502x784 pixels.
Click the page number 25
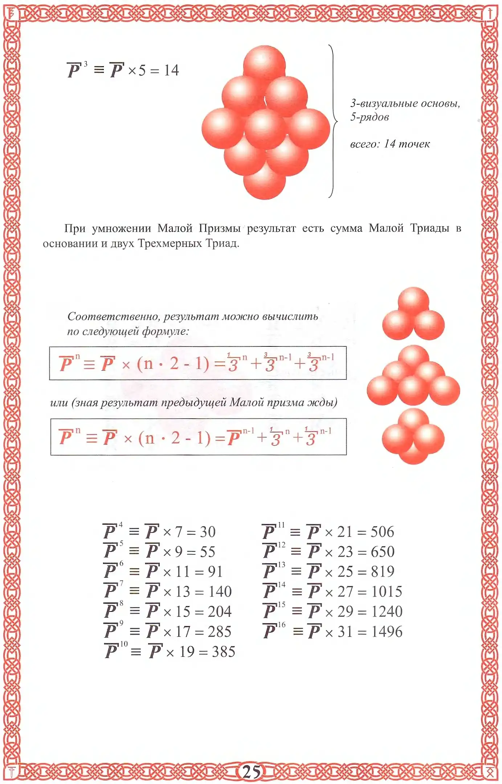[x=251, y=771]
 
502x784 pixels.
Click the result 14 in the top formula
[x=171, y=70]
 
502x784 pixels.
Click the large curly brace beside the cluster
[x=333, y=121]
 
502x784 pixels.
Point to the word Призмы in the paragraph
[x=220, y=228]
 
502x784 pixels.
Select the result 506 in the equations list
[x=382, y=532]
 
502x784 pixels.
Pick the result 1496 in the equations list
[x=387, y=631]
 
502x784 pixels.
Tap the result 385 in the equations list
[x=224, y=651]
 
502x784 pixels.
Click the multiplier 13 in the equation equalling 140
[x=183, y=592]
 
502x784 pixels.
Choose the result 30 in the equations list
[x=208, y=532]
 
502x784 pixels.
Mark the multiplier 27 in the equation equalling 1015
[x=345, y=592]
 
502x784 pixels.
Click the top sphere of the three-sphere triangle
[x=413, y=301]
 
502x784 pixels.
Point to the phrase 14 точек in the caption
[x=407, y=144]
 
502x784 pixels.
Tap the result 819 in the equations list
[x=383, y=572]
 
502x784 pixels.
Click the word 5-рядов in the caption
[x=370, y=117]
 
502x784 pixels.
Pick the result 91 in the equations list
[x=215, y=572]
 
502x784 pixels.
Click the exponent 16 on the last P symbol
[x=282, y=625]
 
